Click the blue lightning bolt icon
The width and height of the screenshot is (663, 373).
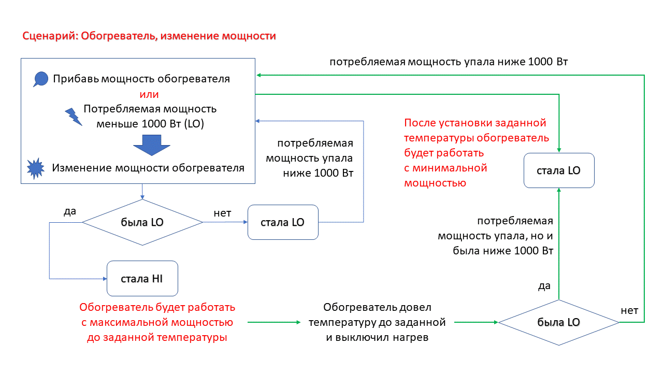point(73,117)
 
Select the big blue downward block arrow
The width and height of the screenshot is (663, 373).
point(152,145)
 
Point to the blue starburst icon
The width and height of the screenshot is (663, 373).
point(36,168)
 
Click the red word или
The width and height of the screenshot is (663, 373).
point(149,95)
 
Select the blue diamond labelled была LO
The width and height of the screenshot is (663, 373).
point(142,222)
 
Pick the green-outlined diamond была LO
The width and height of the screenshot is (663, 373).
point(559,322)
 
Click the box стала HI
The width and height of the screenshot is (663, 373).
point(142,278)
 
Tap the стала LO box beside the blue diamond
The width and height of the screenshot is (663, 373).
point(283,222)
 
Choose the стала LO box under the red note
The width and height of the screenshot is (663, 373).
point(559,170)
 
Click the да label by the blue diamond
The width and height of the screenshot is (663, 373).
point(70,211)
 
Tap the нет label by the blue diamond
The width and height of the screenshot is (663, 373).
point(222,212)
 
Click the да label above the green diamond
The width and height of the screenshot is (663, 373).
point(544,285)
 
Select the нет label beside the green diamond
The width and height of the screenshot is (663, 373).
point(629,310)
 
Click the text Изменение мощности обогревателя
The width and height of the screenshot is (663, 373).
point(148,168)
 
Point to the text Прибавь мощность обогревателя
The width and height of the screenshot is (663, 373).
point(141,79)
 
